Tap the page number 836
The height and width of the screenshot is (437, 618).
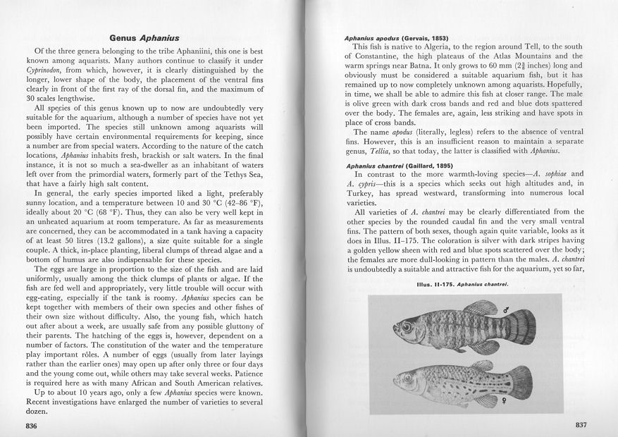coord(31,426)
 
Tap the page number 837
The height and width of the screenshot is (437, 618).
coord(581,425)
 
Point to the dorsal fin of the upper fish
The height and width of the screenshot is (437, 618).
coord(480,308)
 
